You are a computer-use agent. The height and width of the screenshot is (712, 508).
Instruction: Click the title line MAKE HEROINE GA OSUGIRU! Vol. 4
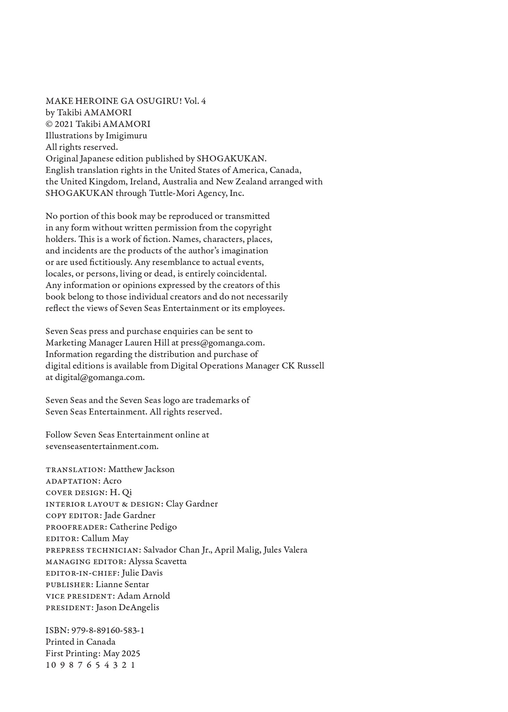(x=125, y=101)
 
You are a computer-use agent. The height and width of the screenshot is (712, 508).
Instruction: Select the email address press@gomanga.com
(x=222, y=343)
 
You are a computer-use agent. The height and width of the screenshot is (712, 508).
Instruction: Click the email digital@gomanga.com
(x=99, y=377)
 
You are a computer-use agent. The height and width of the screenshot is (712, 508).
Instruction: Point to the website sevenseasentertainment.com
(x=102, y=446)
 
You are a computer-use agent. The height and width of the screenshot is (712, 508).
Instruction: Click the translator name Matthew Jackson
(x=141, y=469)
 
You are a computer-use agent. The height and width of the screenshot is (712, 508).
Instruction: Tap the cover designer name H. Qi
(x=120, y=492)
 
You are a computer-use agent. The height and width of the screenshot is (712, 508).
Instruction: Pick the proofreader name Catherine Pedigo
(x=143, y=527)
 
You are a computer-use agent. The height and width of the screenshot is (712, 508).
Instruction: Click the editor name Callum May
(x=105, y=538)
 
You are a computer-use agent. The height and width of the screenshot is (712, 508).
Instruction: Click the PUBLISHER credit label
(x=70, y=585)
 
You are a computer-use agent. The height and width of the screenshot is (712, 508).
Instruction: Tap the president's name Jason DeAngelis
(x=127, y=607)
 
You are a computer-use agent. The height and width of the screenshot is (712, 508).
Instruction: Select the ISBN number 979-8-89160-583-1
(x=108, y=630)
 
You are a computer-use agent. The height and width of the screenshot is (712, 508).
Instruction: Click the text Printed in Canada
(x=80, y=642)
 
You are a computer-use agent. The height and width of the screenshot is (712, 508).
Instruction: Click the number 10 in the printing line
(x=51, y=665)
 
